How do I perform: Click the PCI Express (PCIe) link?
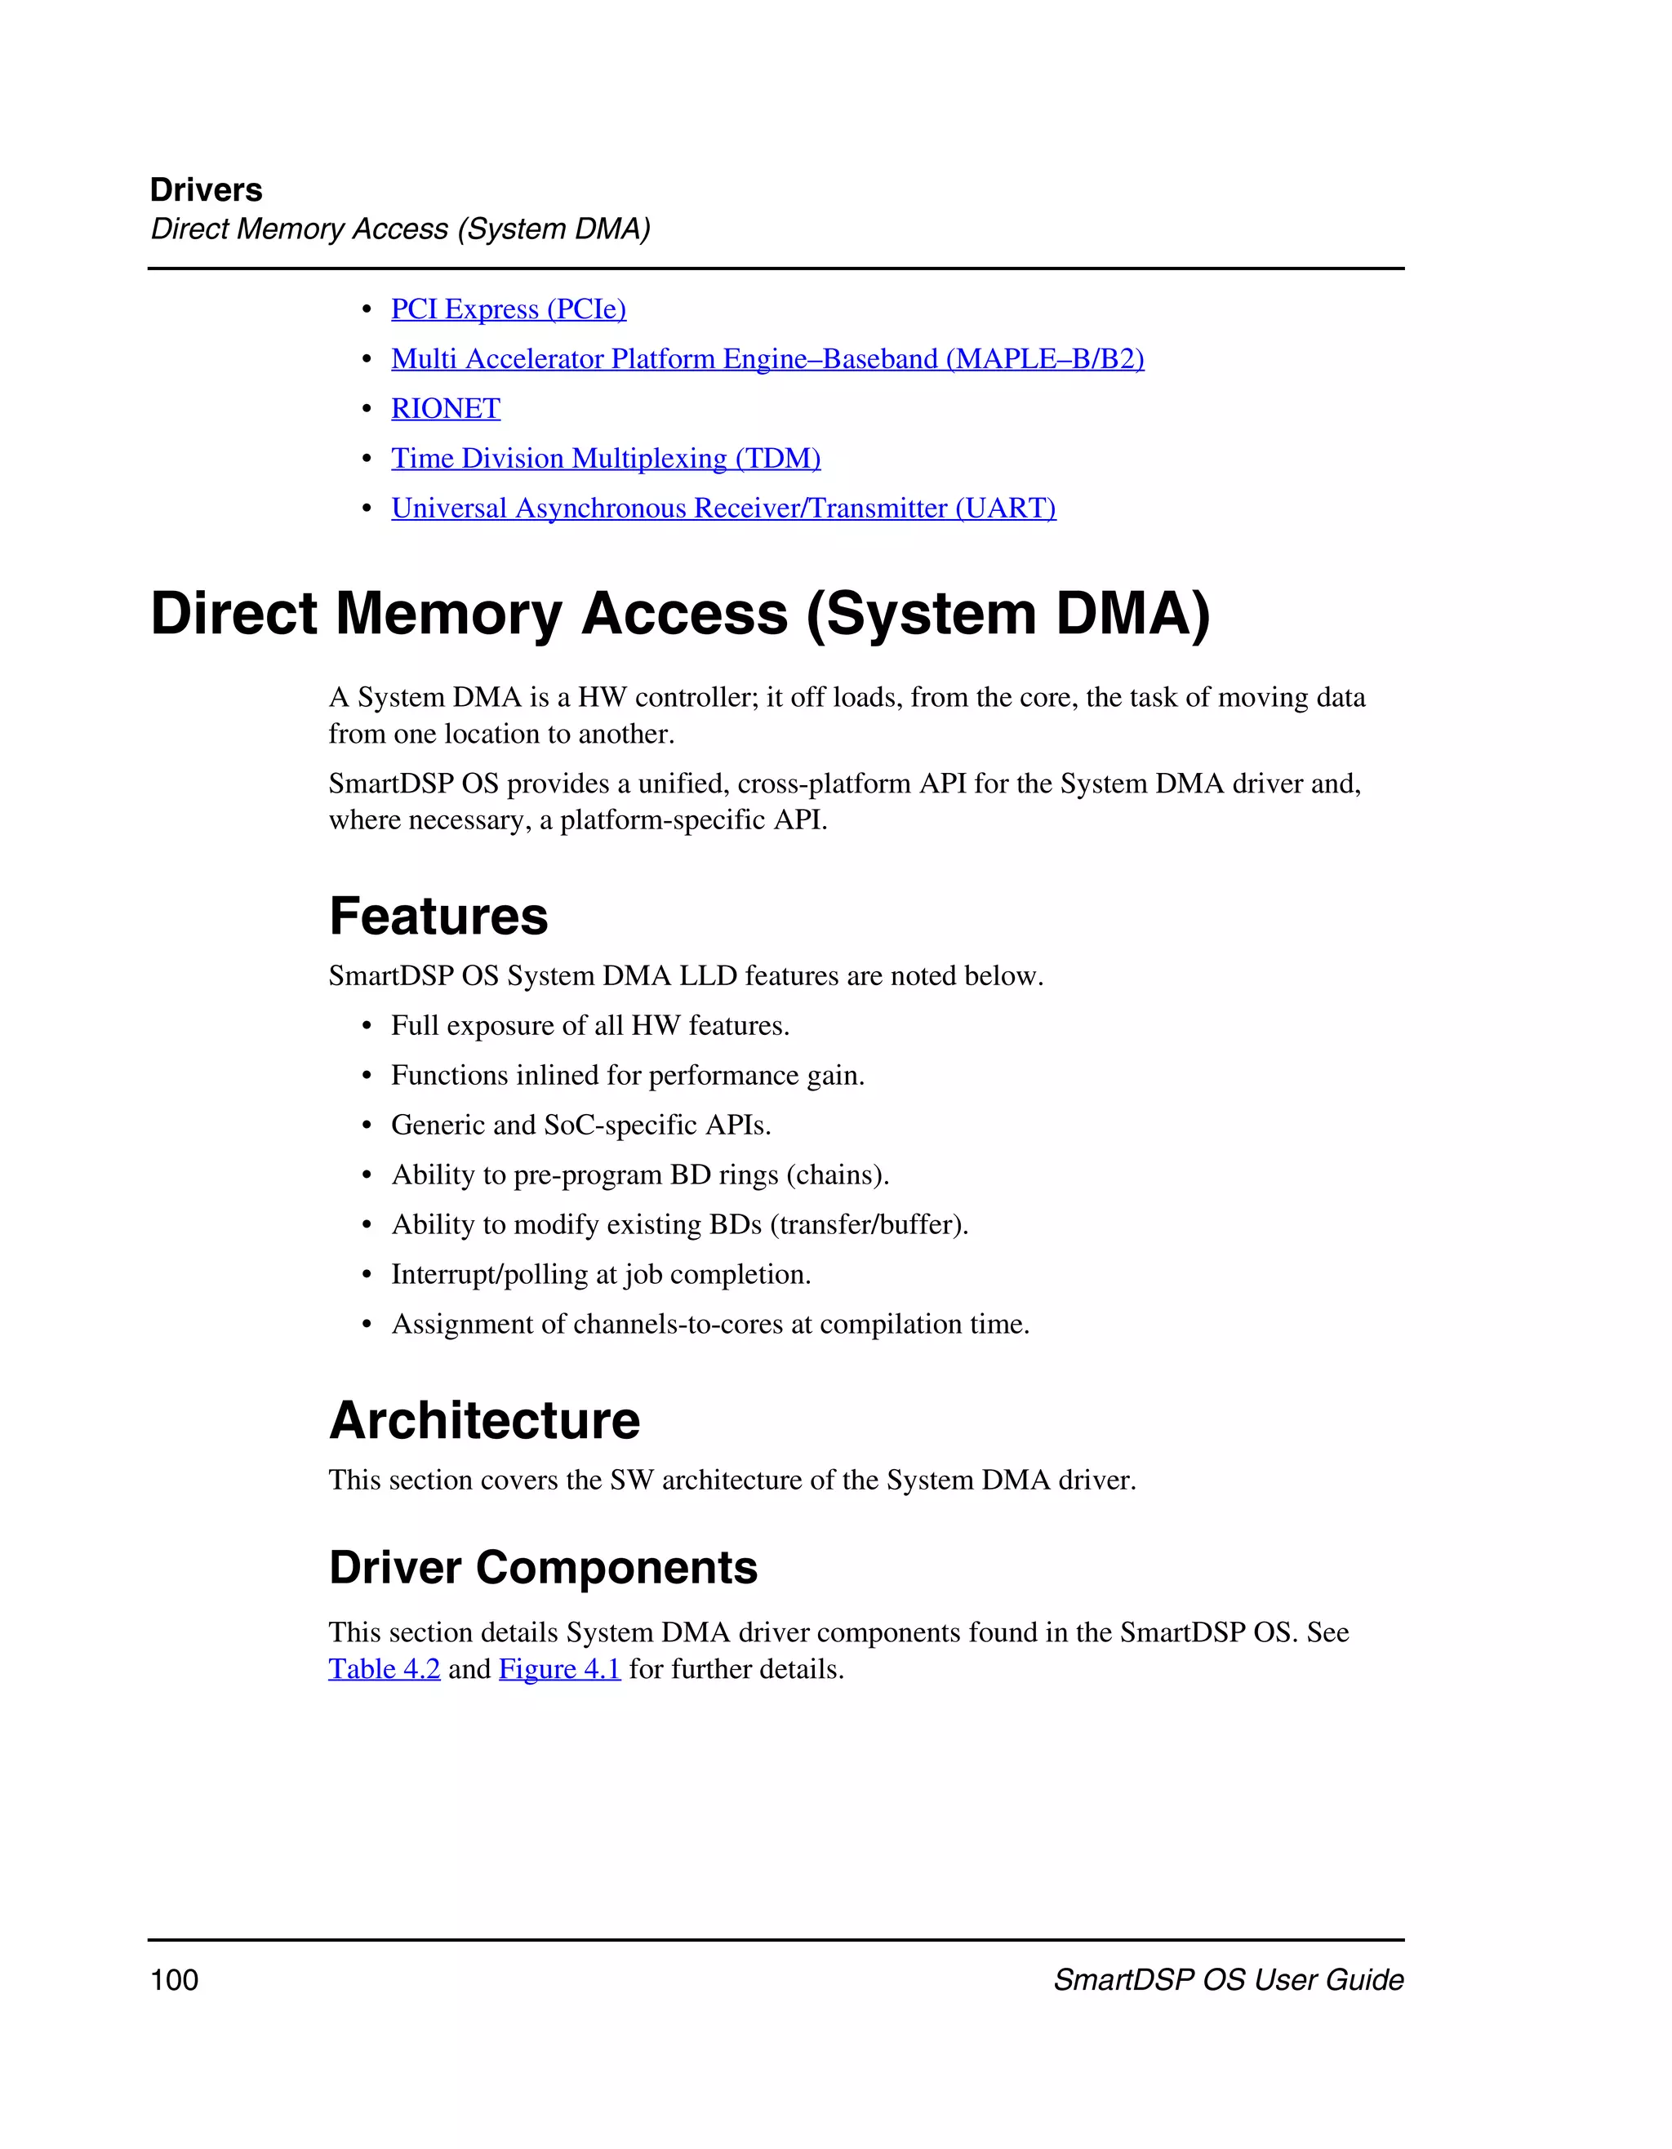508,309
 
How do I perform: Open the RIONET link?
446,408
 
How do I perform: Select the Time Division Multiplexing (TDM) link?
605,459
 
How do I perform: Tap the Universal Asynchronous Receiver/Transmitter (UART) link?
723,508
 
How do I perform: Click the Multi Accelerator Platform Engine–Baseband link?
767,359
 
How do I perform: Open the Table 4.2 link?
384,1669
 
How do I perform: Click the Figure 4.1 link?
559,1669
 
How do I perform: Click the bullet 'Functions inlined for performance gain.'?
627,1076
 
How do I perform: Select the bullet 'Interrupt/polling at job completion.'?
600,1274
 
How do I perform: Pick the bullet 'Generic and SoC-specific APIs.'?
580,1125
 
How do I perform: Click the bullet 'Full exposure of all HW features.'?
589,1025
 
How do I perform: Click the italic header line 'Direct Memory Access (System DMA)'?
399,229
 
